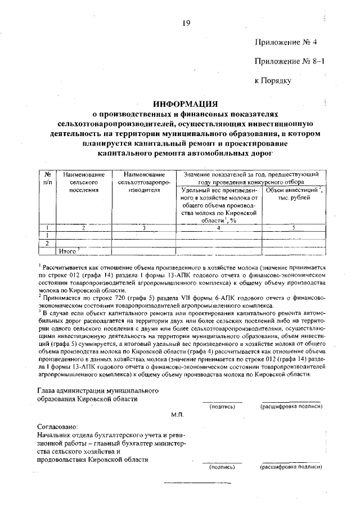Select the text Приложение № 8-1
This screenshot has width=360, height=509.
290,61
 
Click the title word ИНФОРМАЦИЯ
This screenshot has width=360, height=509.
186,103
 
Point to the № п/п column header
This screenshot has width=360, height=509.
48,179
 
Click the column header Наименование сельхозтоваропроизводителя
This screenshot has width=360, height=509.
145,183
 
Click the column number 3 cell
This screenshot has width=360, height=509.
145,228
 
